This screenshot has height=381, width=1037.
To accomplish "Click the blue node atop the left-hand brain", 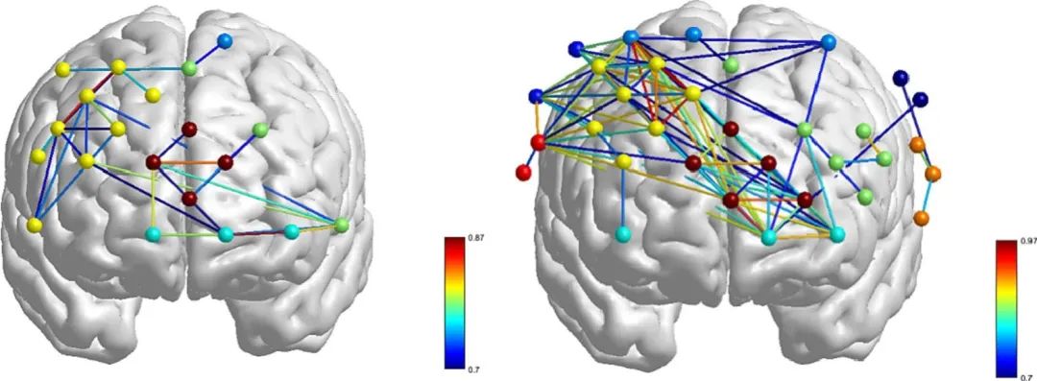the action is [224, 41].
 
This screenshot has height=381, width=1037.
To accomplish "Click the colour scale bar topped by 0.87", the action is [453, 302].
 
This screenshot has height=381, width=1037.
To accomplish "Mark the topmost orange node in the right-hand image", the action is [917, 144].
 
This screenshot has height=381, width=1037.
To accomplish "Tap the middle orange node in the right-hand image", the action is [932, 174].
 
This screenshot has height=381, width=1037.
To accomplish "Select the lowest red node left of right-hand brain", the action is [523, 173].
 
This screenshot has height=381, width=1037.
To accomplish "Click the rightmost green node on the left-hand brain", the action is [341, 225].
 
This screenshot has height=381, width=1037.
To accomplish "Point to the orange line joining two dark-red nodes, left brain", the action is [189, 162].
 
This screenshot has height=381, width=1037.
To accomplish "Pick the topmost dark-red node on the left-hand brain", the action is [190, 129].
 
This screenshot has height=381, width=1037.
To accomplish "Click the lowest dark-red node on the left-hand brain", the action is [190, 199].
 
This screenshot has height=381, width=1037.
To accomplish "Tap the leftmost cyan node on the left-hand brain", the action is [153, 234].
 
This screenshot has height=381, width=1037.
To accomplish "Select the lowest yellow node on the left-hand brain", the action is [36, 226].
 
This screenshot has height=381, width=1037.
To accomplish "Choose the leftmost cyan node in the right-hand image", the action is [622, 233].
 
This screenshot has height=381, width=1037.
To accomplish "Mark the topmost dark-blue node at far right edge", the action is [900, 79].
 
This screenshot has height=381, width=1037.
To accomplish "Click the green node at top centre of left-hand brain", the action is [189, 67].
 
